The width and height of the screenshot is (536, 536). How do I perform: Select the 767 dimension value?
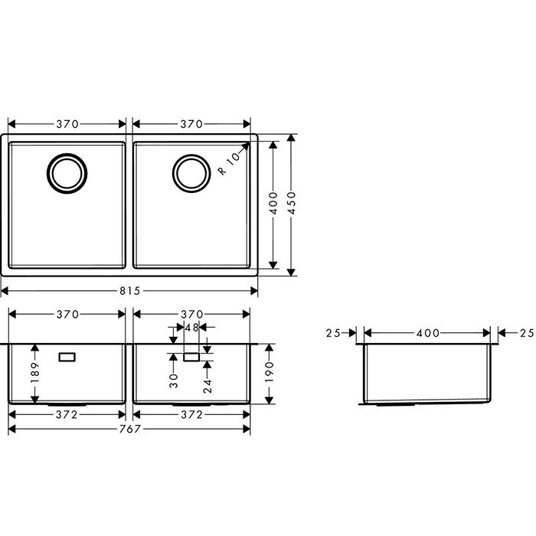pyautogui.click(x=129, y=429)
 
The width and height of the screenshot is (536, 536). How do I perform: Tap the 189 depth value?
pyautogui.click(x=34, y=374)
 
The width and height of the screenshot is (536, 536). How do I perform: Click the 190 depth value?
pyautogui.click(x=269, y=374)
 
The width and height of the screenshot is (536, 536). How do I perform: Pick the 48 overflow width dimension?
pyautogui.click(x=191, y=327)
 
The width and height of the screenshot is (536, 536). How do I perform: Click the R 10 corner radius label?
pyautogui.click(x=228, y=163)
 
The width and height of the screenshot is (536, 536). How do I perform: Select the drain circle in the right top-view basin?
pyautogui.click(x=189, y=172)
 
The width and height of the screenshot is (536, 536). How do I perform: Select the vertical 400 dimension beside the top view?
pyautogui.click(x=273, y=204)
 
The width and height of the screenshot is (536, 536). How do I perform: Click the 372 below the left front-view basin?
pyautogui.click(x=67, y=415)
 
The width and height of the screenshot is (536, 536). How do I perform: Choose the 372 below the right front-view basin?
pyautogui.click(x=191, y=415)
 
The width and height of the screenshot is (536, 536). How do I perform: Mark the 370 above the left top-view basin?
pyautogui.click(x=67, y=124)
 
